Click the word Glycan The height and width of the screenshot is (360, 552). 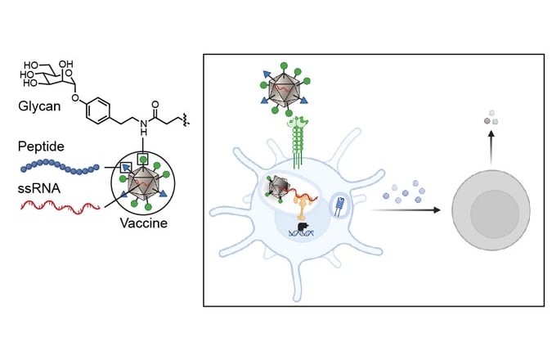39,106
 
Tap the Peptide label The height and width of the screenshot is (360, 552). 41,146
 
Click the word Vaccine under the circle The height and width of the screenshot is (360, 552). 143,223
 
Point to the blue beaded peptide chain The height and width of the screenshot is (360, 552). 60,167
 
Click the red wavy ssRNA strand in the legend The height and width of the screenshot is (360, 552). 60,206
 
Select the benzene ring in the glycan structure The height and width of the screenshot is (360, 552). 97,111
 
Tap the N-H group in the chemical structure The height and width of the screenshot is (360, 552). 143,127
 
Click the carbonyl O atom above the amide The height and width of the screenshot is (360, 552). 155,105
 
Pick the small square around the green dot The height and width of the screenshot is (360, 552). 142,160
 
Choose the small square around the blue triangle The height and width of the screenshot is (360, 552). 126,168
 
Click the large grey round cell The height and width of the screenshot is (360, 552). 491,210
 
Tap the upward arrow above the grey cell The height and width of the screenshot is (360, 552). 491,148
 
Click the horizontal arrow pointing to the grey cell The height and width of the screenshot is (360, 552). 406,210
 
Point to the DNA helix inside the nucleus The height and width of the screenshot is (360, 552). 301,233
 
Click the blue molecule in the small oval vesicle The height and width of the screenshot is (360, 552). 339,207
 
